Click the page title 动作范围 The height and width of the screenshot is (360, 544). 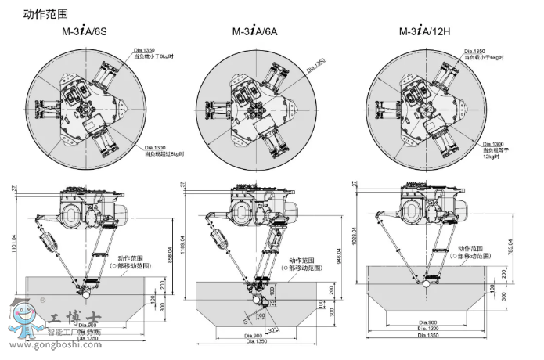45,13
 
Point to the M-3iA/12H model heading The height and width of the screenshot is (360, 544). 430,33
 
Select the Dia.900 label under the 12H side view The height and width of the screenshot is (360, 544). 427,322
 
